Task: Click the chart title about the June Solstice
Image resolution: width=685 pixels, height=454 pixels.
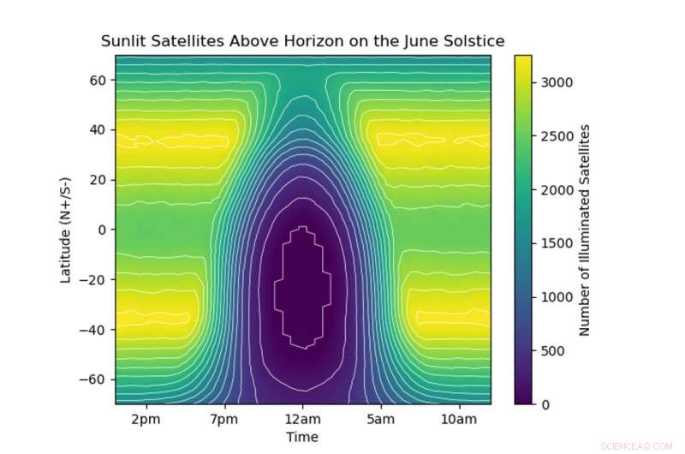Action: click(302, 41)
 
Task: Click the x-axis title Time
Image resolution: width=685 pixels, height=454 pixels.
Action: click(302, 437)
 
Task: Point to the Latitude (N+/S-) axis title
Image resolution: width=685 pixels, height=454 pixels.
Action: click(65, 230)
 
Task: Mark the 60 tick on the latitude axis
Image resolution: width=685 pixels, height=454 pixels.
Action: click(97, 81)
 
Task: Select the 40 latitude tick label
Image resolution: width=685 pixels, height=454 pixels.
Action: click(97, 130)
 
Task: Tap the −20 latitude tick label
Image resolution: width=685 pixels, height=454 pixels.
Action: click(93, 279)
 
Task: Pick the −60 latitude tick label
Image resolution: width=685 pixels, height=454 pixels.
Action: click(93, 379)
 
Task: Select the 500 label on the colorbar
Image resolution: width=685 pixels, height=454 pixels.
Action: click(551, 350)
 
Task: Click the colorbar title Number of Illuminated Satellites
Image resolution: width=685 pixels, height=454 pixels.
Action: click(586, 230)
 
